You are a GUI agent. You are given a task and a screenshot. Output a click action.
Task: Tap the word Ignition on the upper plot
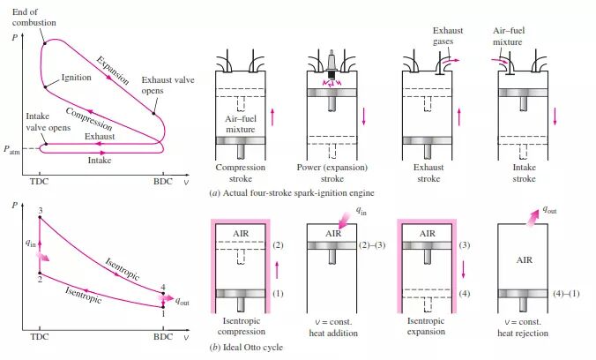[x=77, y=78]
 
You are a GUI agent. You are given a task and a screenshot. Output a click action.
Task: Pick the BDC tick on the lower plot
[x=163, y=337]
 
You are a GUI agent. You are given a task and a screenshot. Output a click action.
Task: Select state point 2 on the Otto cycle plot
[x=40, y=278]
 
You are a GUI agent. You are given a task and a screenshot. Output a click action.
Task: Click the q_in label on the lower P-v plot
[x=28, y=242]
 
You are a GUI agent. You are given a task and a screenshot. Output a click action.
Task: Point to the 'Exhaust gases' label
[x=448, y=36]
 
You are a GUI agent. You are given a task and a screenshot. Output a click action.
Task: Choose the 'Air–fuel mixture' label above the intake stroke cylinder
[x=510, y=36]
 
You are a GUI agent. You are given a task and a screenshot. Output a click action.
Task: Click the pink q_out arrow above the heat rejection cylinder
[x=529, y=215]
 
